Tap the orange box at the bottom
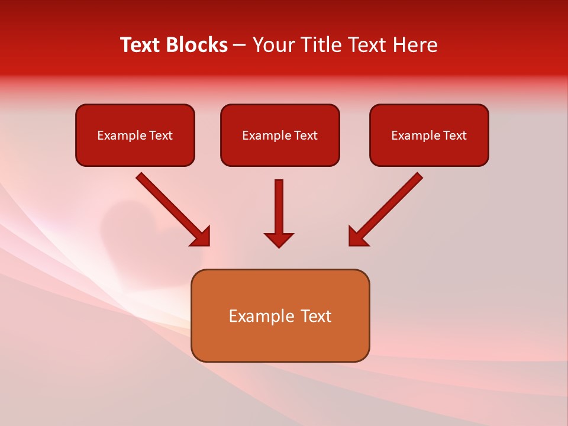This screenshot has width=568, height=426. tap(280, 343)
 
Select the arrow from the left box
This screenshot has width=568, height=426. tap(172, 207)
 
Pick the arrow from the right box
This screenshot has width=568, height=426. tap(388, 207)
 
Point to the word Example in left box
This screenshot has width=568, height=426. tap(121, 135)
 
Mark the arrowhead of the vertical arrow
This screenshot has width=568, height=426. tap(279, 240)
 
